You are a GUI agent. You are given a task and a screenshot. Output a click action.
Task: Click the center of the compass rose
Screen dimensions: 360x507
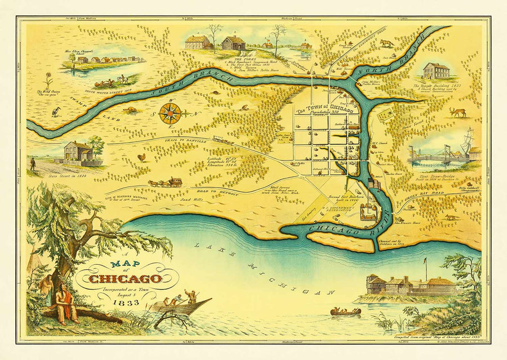click(x=170, y=113)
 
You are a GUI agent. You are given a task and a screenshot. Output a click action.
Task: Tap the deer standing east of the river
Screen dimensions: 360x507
click(x=457, y=112)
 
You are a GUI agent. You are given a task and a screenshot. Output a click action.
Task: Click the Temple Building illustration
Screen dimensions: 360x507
click(x=436, y=71)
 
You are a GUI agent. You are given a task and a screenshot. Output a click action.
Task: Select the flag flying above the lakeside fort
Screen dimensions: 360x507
click(x=425, y=261)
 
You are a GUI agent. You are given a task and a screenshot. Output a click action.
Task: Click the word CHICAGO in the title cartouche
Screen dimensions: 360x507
click(x=126, y=278)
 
